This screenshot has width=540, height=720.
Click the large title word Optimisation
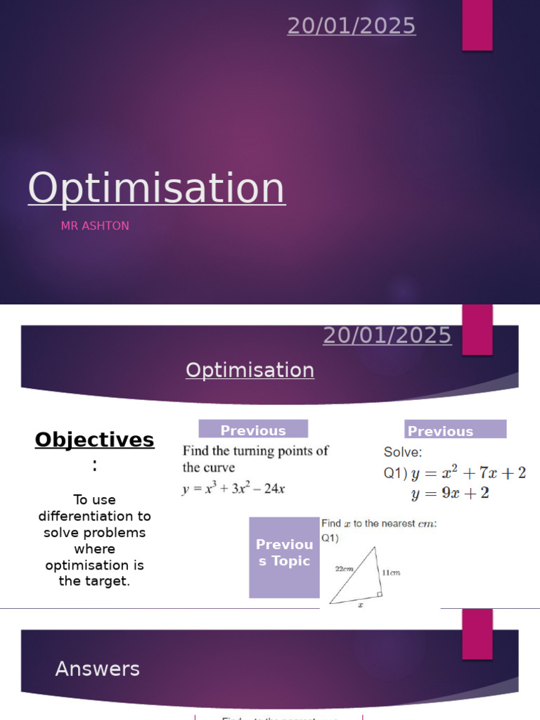(157, 188)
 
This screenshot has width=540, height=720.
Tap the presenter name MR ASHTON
(95, 226)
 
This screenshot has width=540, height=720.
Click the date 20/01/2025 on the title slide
(352, 26)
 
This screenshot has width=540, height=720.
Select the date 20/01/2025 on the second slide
(387, 335)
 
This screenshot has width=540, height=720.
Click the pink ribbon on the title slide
(477, 25)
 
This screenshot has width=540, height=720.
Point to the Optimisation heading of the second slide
(250, 370)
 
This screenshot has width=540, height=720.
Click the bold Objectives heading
(94, 440)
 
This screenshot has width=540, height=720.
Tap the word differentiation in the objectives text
(94, 516)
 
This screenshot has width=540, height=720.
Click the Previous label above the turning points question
(253, 430)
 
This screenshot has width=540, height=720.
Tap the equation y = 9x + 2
(450, 494)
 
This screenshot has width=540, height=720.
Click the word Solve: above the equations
(403, 452)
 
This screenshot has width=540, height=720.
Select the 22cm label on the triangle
(344, 568)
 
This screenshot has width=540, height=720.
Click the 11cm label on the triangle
(391, 572)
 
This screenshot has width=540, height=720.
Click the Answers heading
(98, 669)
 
